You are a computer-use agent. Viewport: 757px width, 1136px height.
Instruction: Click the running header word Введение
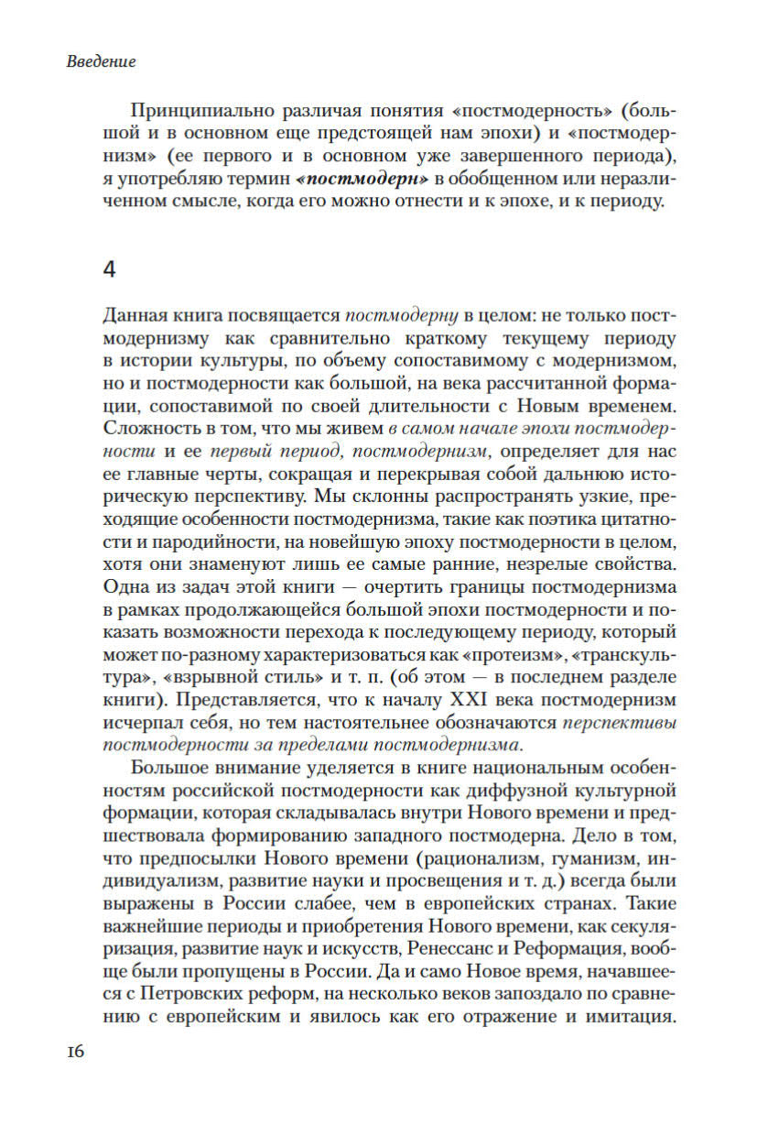click(102, 62)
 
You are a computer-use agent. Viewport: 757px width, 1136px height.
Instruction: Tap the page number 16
click(75, 1051)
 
